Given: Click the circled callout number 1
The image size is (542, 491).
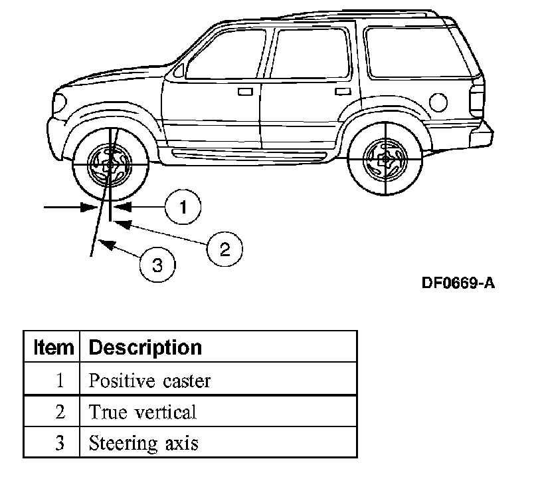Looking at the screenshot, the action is point(183,207).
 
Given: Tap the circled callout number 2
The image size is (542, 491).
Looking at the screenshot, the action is point(225,249).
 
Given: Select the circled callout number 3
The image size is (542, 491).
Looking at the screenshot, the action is point(157,265).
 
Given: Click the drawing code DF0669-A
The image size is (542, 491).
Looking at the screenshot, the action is point(458,283).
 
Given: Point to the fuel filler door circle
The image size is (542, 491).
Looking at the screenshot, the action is point(438,102).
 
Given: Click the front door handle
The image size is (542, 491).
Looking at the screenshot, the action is point(245,92).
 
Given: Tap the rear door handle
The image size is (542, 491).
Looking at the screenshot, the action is point(343,91).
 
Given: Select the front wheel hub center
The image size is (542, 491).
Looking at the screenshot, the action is point(110,166).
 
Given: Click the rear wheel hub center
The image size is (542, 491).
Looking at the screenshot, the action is point(385,160).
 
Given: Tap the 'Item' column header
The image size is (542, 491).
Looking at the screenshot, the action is point(53,347).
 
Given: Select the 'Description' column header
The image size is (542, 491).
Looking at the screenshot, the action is point(145,348).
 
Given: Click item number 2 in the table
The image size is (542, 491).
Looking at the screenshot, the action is point(60,412).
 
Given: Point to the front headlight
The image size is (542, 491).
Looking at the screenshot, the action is point(60,102).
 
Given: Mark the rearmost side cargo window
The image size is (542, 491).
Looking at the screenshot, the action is point(418,53).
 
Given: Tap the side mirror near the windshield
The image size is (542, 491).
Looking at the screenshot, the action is point(179,71).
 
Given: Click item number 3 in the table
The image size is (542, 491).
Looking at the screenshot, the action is point(60,443).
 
